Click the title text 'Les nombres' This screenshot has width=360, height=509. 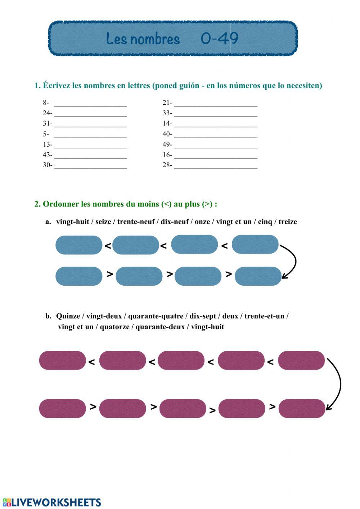pyautogui.click(x=143, y=39)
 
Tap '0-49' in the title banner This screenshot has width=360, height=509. pyautogui.click(x=219, y=38)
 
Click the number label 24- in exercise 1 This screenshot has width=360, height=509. pyautogui.click(x=48, y=113)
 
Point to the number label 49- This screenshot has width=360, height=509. pyautogui.click(x=167, y=144)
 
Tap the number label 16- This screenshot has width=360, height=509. pyautogui.click(x=167, y=155)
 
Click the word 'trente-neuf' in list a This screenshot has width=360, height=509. pyautogui.click(x=137, y=222)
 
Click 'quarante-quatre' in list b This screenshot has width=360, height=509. pyautogui.click(x=156, y=316)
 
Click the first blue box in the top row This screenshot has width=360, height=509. pyautogui.click(x=79, y=245)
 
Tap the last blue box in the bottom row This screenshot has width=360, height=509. pyautogui.click(x=258, y=276)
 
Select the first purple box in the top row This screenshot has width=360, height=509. pyautogui.click(x=62, y=360)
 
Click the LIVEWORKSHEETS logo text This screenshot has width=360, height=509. pyautogui.click(x=56, y=503)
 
